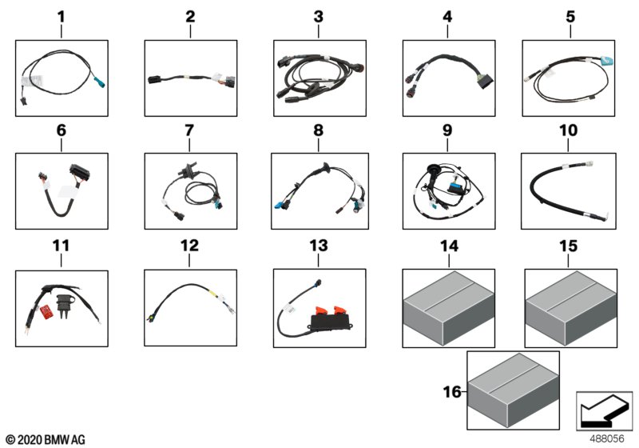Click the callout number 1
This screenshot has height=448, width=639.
(x=62, y=16)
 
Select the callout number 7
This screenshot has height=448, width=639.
(x=189, y=130)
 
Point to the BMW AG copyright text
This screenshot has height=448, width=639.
(x=45, y=439)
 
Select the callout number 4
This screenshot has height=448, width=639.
(x=447, y=16)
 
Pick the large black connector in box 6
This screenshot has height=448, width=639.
(x=74, y=169)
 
